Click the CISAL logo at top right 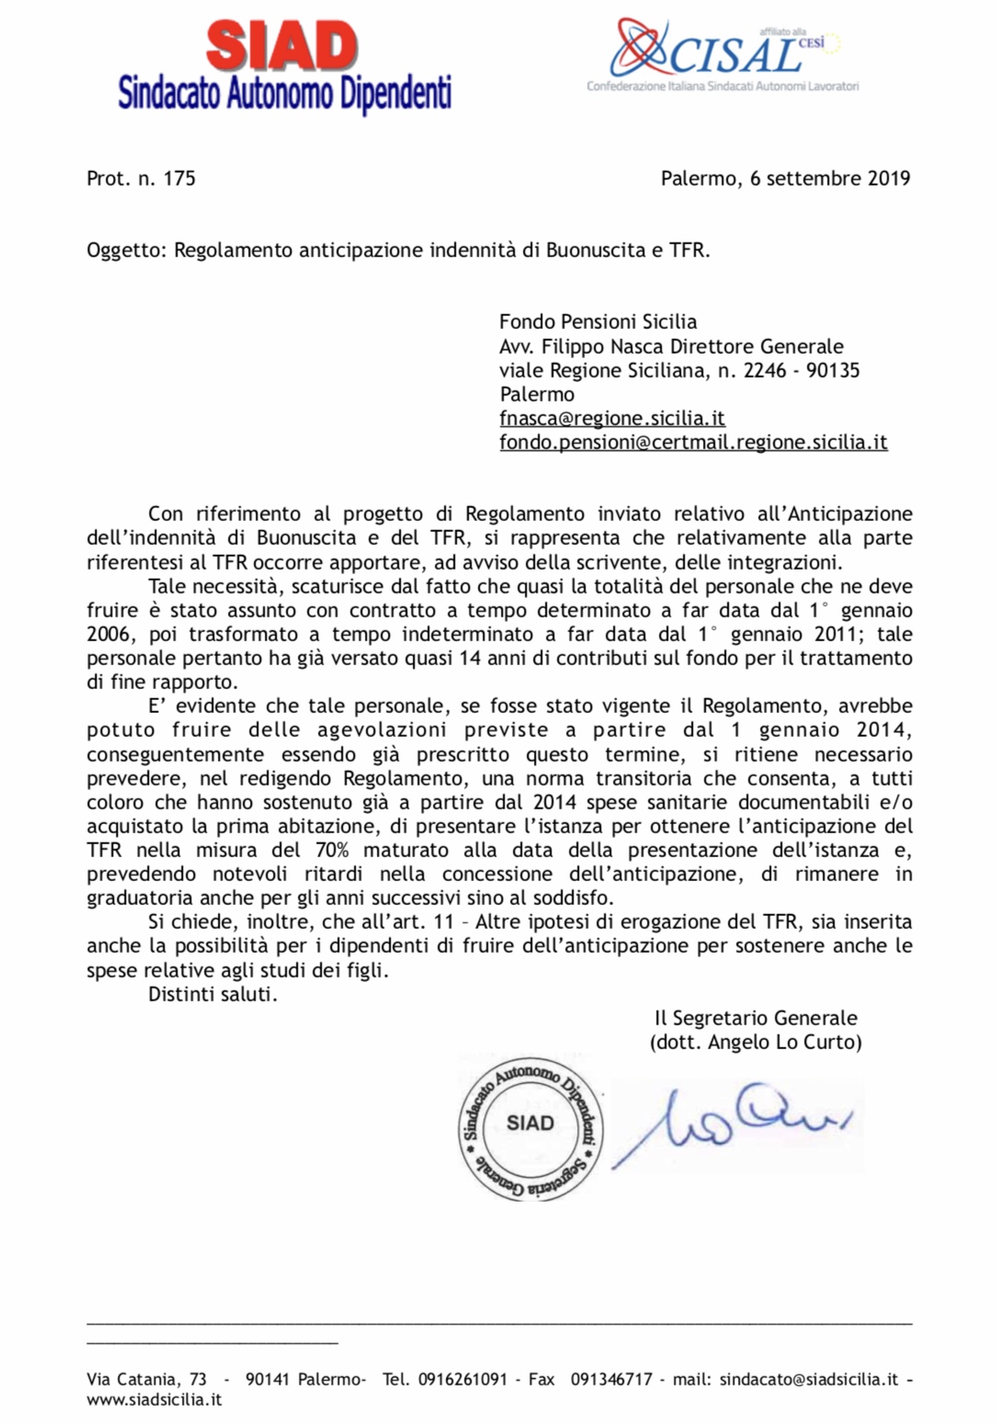[x=726, y=53]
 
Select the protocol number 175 [x=179, y=178]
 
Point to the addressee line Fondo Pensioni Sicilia [x=597, y=322]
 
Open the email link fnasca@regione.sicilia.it [x=612, y=418]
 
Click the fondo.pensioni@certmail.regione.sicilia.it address [x=693, y=442]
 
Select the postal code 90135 [x=833, y=370]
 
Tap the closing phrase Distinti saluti [x=212, y=994]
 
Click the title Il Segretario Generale [x=755, y=1018]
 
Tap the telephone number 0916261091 [x=462, y=1379]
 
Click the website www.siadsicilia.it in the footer [x=154, y=1400]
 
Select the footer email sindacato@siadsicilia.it [x=809, y=1379]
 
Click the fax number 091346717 [x=611, y=1379]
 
